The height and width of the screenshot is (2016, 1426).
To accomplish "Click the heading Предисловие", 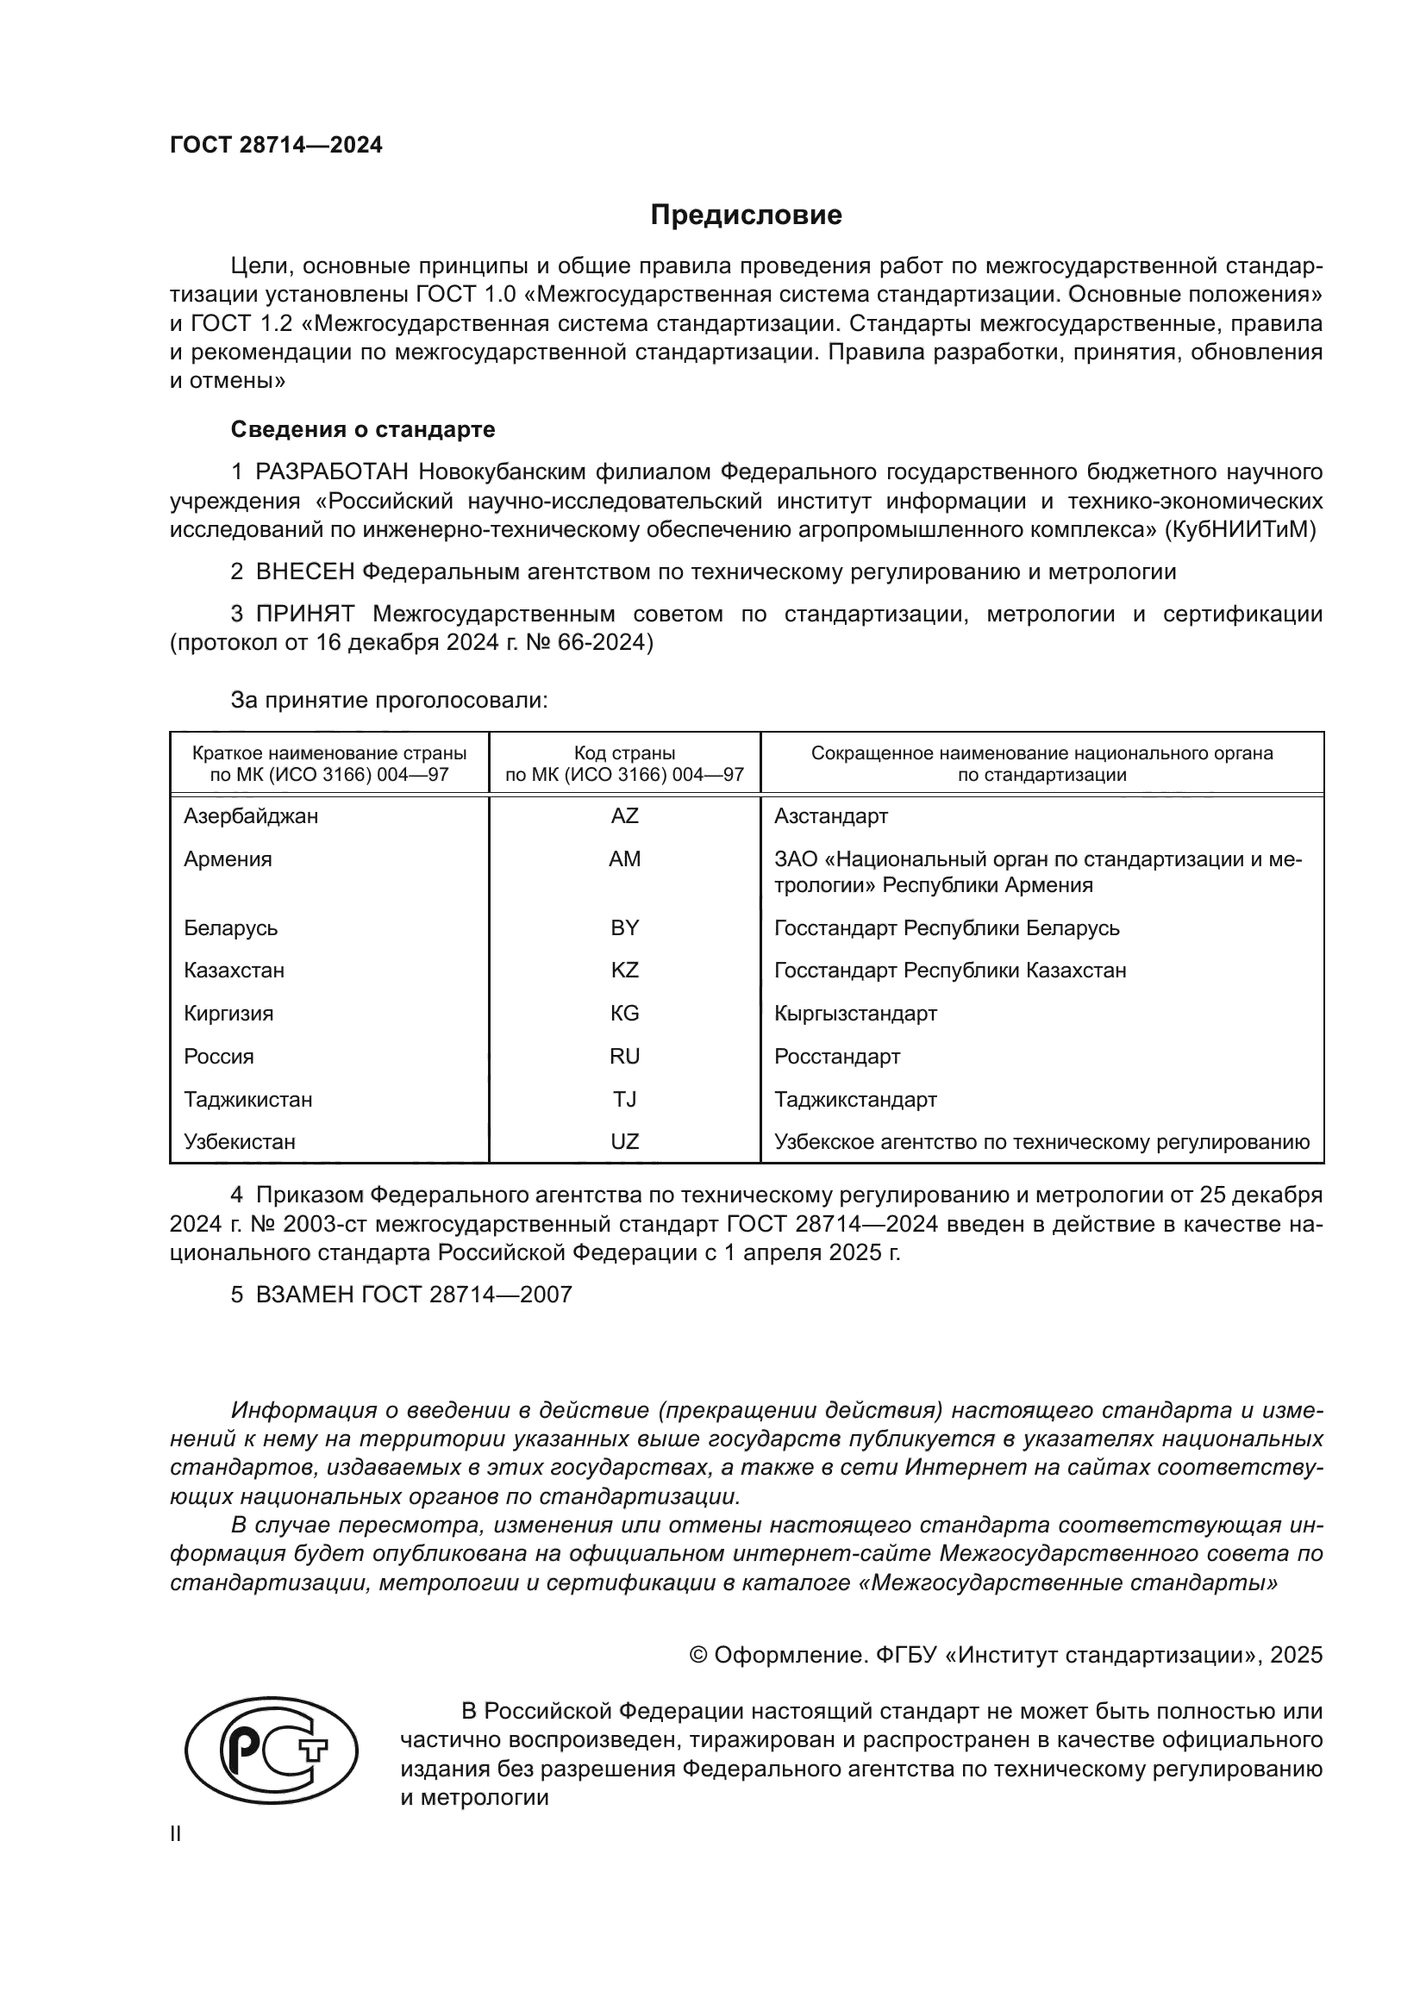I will click(x=746, y=215).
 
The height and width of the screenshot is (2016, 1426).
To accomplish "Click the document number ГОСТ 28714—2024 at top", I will click(x=277, y=146).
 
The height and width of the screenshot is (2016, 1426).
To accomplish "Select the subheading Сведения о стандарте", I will click(x=363, y=429).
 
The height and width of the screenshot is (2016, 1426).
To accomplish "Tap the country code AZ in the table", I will click(x=624, y=815).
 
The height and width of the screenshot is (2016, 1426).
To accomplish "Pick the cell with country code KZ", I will click(x=624, y=971).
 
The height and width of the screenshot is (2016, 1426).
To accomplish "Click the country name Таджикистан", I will click(x=247, y=1099).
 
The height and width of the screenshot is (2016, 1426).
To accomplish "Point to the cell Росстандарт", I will click(x=837, y=1057).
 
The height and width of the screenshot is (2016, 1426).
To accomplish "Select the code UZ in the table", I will click(x=624, y=1141).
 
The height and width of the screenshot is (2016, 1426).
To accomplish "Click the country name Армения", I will click(x=228, y=858).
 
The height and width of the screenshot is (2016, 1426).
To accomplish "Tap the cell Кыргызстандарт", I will click(x=855, y=1014).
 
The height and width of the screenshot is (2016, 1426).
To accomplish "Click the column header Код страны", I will click(x=624, y=753).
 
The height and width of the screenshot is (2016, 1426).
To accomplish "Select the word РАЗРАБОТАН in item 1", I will click(x=332, y=472).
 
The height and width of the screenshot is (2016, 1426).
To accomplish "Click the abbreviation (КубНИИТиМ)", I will click(x=1240, y=529).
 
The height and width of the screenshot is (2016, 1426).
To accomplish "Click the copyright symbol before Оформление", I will click(x=699, y=1655).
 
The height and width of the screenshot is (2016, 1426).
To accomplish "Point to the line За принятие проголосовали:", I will click(x=389, y=700).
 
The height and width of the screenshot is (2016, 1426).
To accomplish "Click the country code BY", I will click(x=624, y=928).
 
